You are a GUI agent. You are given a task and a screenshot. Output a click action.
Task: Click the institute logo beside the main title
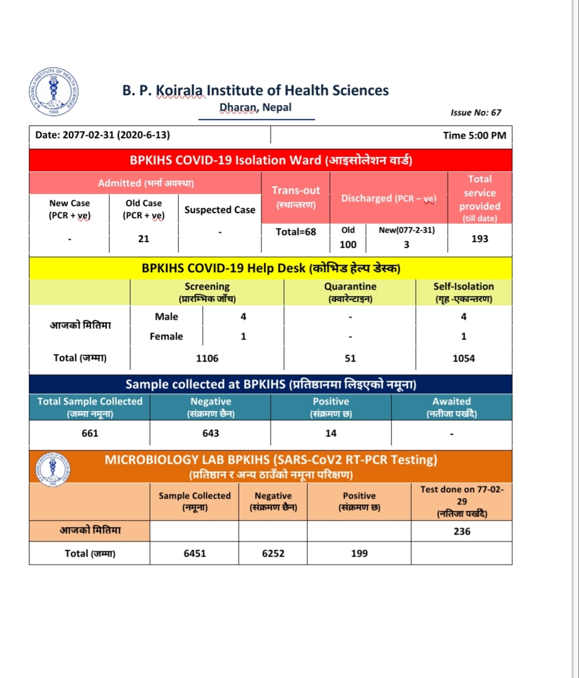pos(53,92)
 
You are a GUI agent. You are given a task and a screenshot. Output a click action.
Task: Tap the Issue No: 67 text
pos(475,113)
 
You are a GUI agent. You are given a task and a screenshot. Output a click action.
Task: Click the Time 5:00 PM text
pos(474,135)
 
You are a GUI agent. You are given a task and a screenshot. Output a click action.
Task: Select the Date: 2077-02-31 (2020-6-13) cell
pos(103,135)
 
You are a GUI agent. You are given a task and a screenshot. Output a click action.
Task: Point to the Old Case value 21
pos(143,239)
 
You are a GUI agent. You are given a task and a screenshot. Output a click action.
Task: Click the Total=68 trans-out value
pos(296,232)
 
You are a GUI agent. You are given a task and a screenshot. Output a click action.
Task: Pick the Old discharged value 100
pos(348,244)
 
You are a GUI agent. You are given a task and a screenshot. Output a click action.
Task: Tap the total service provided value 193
pos(480,239)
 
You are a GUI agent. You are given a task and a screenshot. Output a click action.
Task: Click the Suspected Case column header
pos(220,210)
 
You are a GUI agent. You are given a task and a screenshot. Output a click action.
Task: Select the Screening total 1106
pos(207,358)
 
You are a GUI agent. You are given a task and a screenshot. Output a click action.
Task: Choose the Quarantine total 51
pos(350,358)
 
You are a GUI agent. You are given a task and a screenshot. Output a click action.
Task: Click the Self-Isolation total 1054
pos(463,358)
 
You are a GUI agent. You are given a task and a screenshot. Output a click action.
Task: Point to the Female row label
pos(166,337)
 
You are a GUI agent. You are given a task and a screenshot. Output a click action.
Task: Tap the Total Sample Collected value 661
pos(90,433)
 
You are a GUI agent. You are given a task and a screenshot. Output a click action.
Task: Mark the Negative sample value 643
pos(210,433)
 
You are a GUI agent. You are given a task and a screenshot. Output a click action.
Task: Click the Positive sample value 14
pos(331,433)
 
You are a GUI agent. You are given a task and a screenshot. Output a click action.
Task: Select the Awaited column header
pos(451,401)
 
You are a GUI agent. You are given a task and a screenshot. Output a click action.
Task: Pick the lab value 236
pos(462,531)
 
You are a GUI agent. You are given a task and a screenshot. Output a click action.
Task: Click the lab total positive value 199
pos(359,554)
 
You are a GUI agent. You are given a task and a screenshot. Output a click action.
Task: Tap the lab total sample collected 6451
pos(195,554)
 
